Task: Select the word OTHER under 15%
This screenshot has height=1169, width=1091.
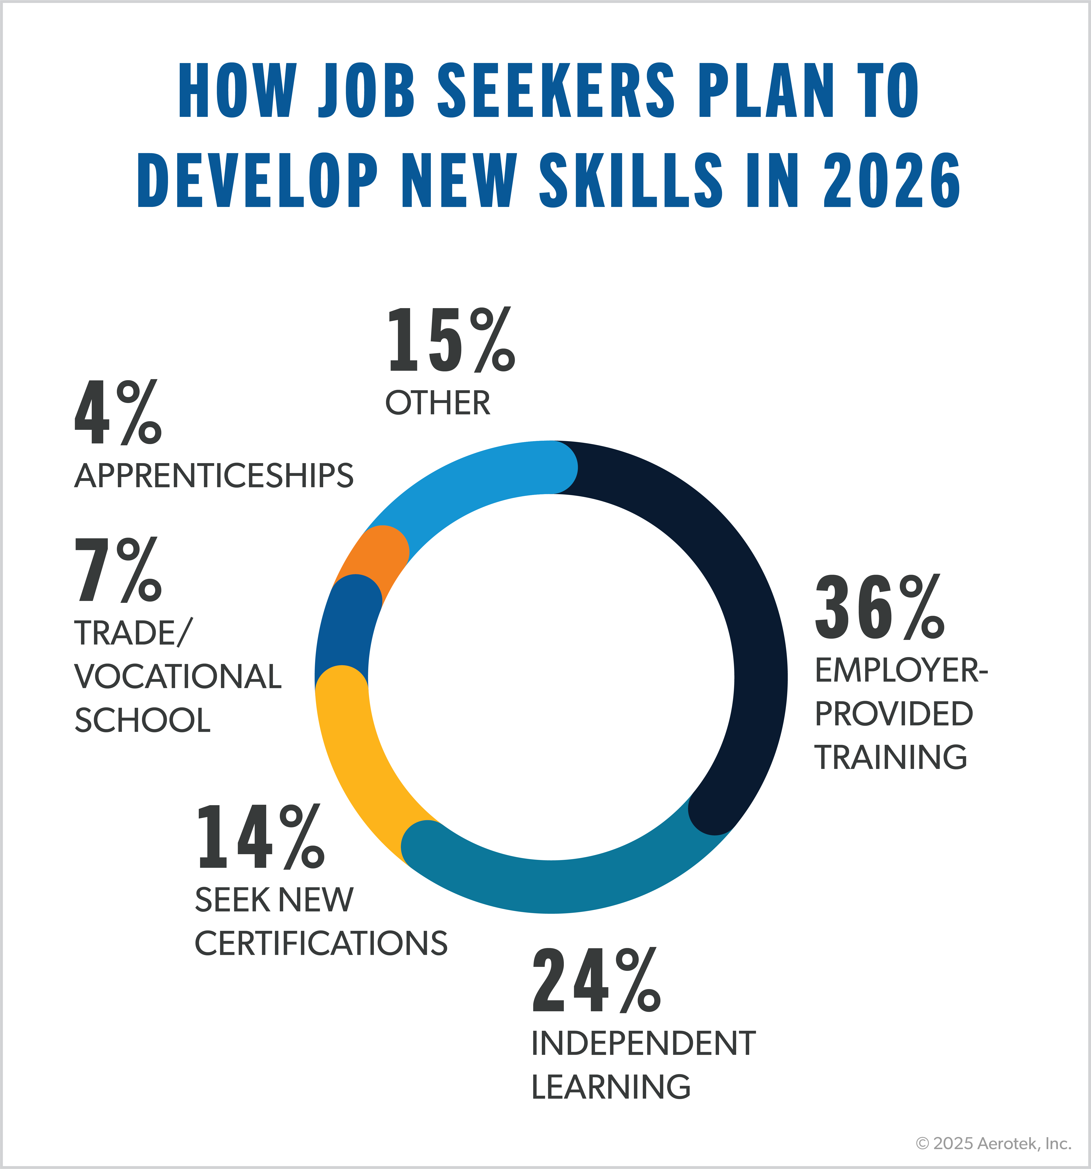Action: tap(438, 403)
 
